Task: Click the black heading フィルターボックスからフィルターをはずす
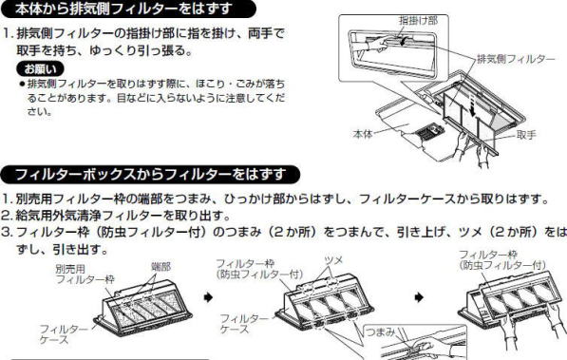tap(150, 175)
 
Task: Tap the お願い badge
tap(41, 68)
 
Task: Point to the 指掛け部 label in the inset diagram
tap(418, 20)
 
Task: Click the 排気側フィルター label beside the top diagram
tap(516, 59)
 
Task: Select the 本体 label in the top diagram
tap(363, 134)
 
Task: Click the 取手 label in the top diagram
tap(526, 135)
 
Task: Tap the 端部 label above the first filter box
tap(161, 267)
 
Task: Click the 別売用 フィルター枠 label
tap(85, 274)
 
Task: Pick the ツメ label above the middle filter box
tap(333, 259)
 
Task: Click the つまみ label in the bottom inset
tap(381, 332)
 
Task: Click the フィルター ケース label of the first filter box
tap(64, 334)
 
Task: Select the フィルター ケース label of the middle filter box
tap(244, 324)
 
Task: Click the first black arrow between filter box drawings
tap(208, 297)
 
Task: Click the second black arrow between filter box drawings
tap(419, 297)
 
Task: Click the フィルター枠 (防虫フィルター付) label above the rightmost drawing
tap(501, 259)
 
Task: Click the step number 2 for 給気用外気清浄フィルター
tap(7, 216)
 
